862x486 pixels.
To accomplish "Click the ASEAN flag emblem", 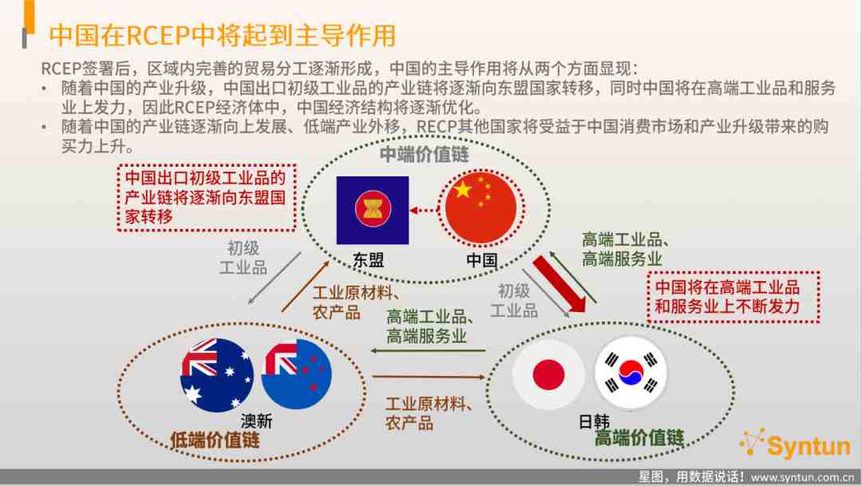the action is coord(373,210).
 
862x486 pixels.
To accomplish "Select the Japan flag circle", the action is coord(548,374).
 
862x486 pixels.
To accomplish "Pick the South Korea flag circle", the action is coord(631,373).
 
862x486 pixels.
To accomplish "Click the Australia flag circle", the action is coord(216,375).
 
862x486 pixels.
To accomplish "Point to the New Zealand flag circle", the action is coord(297,373).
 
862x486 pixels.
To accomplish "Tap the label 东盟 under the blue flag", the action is coord(368,260).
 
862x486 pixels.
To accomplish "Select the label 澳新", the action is coord(256,421).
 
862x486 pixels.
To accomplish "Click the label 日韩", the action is coord(595,421).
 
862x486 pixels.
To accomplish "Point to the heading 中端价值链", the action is coord(425,154).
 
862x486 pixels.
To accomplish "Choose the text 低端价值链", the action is coord(215,439).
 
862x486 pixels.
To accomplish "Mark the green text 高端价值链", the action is coord(639,437).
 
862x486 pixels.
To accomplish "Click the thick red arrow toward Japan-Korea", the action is coord(560,284).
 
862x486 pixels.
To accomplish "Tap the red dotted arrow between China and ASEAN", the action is coord(424,210).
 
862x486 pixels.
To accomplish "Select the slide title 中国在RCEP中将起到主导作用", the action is coord(223,35).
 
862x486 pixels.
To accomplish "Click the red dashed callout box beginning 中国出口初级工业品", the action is coord(207,197).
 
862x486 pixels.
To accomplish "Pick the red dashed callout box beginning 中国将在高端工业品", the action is coord(733,297).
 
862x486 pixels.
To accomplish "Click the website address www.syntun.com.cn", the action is coord(803,477).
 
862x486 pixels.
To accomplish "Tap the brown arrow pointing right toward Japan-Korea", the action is coord(429,377).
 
